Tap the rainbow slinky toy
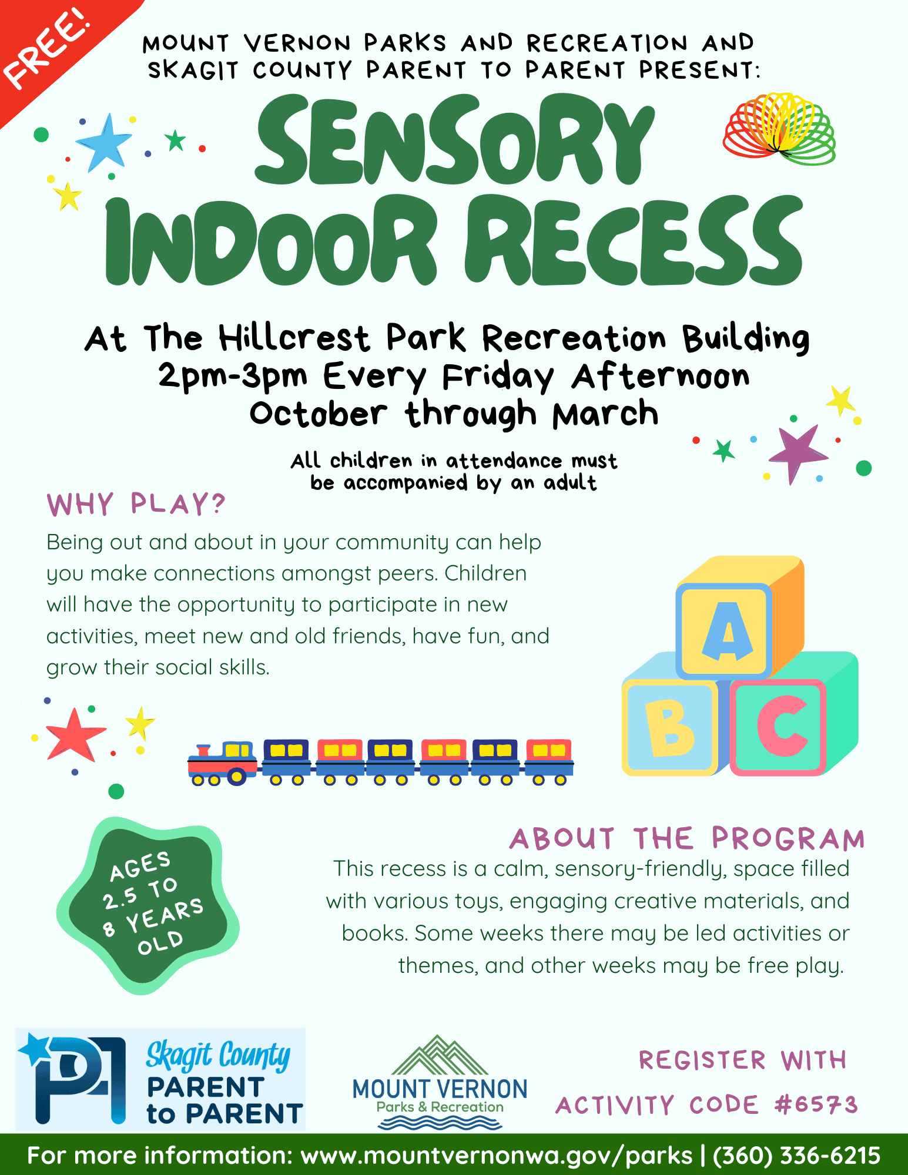779,129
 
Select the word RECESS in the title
634,241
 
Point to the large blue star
105,143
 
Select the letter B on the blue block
670,728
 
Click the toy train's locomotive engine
223,763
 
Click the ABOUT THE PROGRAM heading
687,838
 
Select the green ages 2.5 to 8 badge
147,905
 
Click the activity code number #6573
816,1105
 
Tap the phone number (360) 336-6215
796,1155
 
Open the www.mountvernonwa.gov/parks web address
497,1156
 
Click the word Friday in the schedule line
498,377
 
